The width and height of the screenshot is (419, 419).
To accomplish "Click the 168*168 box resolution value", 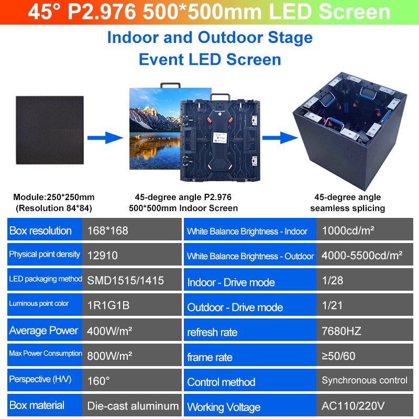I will (x=108, y=230).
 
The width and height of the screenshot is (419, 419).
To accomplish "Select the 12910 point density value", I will (x=103, y=256).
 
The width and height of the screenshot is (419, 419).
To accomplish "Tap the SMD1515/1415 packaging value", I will (x=126, y=280).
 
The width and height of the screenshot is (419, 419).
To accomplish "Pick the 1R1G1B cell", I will (x=108, y=305).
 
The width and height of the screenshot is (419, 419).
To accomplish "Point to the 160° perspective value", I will (x=98, y=381).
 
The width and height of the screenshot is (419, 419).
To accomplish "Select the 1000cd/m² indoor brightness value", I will (x=348, y=230).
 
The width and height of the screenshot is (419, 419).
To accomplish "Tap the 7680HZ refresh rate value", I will (x=341, y=330).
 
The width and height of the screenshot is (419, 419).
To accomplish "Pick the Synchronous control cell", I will (x=365, y=381).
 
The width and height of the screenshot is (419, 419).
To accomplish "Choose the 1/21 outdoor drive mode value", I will (x=333, y=305).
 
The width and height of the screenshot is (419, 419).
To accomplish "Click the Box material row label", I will (x=37, y=405).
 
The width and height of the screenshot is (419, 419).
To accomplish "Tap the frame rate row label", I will (x=210, y=357).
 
